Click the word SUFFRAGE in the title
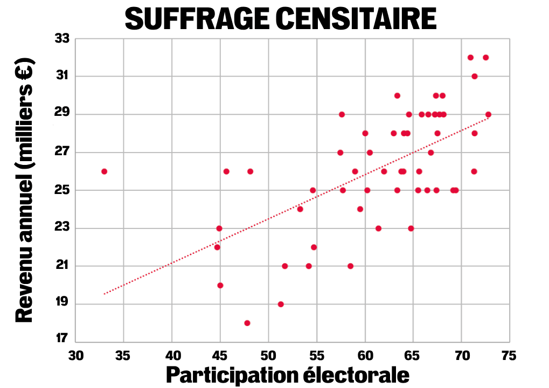pyautogui.click(x=197, y=20)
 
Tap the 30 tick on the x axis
pyautogui.click(x=76, y=355)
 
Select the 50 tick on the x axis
pyautogui.click(x=268, y=355)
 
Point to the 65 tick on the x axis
pyautogui.click(x=413, y=355)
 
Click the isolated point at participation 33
pyautogui.click(x=104, y=171)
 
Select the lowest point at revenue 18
pyautogui.click(x=247, y=323)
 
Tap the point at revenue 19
pyautogui.click(x=281, y=304)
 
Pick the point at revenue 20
pyautogui.click(x=220, y=285)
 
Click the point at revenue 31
pyautogui.click(x=475, y=76)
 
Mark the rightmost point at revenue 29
pyautogui.click(x=488, y=114)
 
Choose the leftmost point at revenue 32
pyautogui.click(x=470, y=57)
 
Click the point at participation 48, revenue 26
pyautogui.click(x=250, y=171)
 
